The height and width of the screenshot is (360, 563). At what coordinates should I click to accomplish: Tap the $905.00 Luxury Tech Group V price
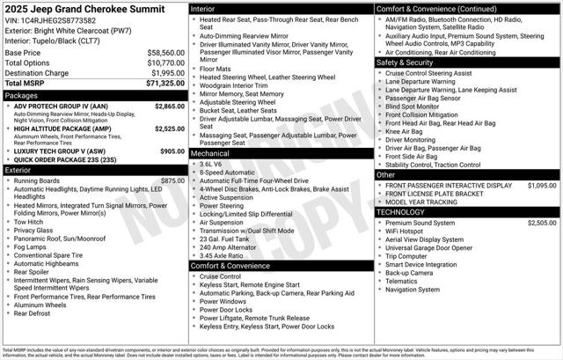(x=172, y=151)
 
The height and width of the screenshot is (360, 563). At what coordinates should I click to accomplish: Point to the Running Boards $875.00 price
(x=172, y=180)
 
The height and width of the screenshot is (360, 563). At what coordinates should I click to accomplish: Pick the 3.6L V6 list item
(x=211, y=164)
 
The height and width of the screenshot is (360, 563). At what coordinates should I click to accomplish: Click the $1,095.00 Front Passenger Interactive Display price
(x=542, y=186)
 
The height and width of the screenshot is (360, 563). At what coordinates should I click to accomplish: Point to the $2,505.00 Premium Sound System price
(x=542, y=224)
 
